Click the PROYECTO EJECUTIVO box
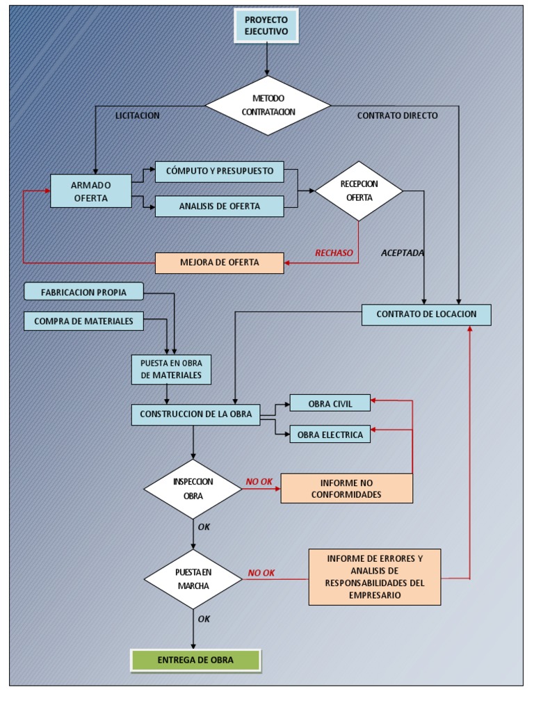pyautogui.click(x=266, y=26)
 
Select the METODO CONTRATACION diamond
pyautogui.click(x=268, y=105)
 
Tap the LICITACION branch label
pyautogui.click(x=137, y=116)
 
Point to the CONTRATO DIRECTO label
pyautogui.click(x=397, y=116)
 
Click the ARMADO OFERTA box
pyautogui.click(x=90, y=190)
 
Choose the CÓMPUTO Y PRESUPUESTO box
pyautogui.click(x=219, y=170)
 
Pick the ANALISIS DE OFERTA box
pyautogui.click(x=219, y=206)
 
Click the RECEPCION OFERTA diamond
pyautogui.click(x=359, y=191)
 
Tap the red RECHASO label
pyautogui.click(x=334, y=252)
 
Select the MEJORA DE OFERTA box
pyautogui.click(x=219, y=262)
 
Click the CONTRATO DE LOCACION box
pyautogui.click(x=426, y=314)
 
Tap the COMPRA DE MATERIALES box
pyautogui.click(x=83, y=321)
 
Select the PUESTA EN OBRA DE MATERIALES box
pyautogui.click(x=170, y=369)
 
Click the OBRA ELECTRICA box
pyautogui.click(x=330, y=435)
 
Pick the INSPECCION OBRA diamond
pyautogui.click(x=193, y=489)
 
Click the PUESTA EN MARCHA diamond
pyautogui.click(x=193, y=578)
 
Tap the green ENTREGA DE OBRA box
pyautogui.click(x=195, y=661)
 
